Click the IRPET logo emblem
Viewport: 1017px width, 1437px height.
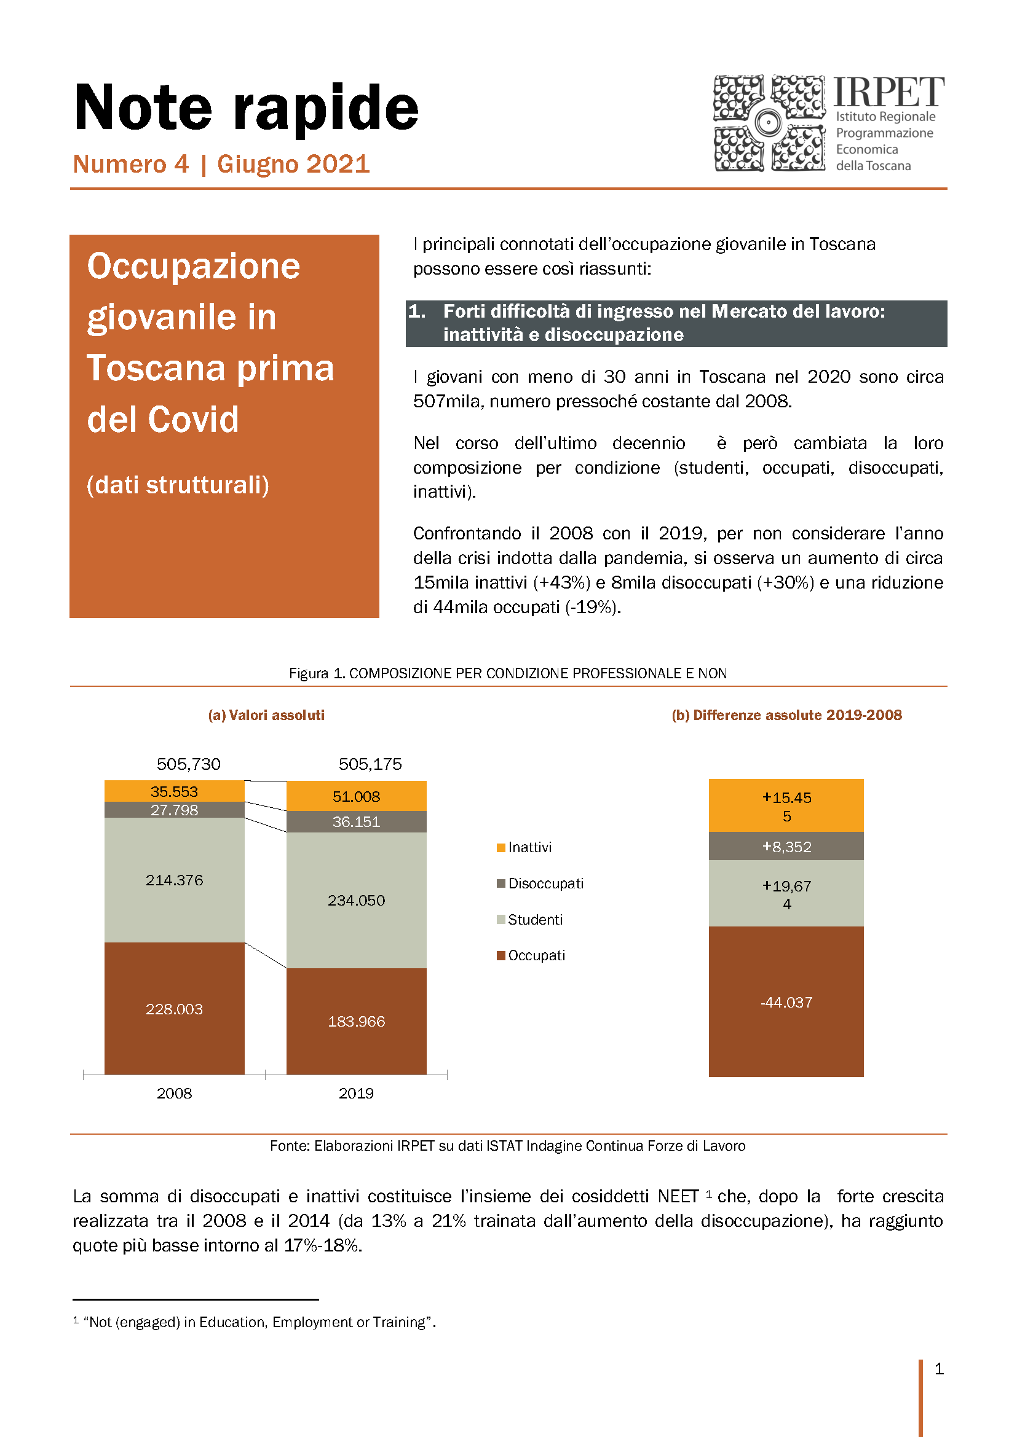coord(769,123)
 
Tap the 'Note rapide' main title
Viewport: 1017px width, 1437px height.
coord(246,108)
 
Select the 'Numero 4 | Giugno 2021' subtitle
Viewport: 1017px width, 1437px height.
coord(222,165)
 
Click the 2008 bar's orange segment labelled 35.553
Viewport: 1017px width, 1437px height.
coord(174,792)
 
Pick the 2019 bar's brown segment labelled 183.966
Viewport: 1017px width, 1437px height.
coord(357,1022)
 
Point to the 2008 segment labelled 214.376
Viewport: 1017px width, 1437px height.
coord(174,880)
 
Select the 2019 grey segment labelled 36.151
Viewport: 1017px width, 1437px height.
coord(357,822)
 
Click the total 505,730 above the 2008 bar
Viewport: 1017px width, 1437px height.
coord(189,764)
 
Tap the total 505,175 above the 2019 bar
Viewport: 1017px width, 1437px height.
coord(370,764)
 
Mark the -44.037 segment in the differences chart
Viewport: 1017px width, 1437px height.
coord(786,1002)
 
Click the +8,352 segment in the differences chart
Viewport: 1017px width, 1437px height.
coord(786,847)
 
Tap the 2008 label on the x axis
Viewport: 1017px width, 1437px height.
coord(174,1094)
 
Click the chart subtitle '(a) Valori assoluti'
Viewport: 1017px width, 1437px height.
coord(266,715)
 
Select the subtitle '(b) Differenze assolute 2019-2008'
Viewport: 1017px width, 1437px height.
coord(786,715)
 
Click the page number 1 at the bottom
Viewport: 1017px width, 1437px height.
coord(939,1369)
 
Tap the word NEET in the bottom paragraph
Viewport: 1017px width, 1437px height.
coord(678,1197)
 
